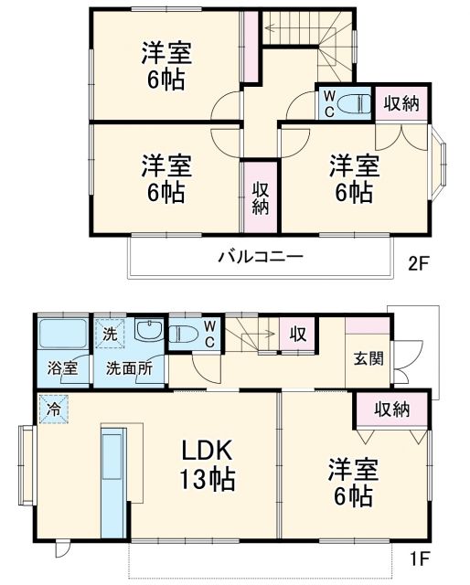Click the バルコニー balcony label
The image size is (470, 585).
pyautogui.click(x=259, y=257)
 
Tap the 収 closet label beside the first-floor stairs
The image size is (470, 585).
pyautogui.click(x=297, y=335)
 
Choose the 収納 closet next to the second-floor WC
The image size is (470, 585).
pyautogui.click(x=401, y=104)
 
